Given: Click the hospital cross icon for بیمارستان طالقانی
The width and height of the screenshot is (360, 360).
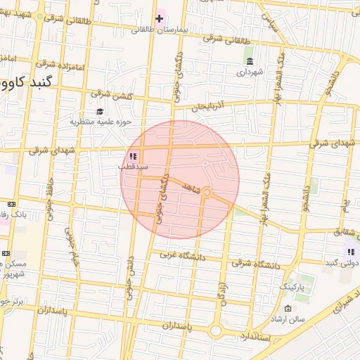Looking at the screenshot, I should tap(160, 18).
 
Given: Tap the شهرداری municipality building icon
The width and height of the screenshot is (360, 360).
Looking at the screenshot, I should tap(249, 60).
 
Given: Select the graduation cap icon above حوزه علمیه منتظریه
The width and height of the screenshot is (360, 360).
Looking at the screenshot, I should tap(100, 111).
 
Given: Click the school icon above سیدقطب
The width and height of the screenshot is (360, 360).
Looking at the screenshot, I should tap(133, 157).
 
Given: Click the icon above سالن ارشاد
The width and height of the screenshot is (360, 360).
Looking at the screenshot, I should tap(287, 309).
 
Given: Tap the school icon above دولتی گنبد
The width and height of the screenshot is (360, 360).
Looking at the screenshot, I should tap(350, 252).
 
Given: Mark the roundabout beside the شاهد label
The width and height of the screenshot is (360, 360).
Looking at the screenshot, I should tap(207, 192).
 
